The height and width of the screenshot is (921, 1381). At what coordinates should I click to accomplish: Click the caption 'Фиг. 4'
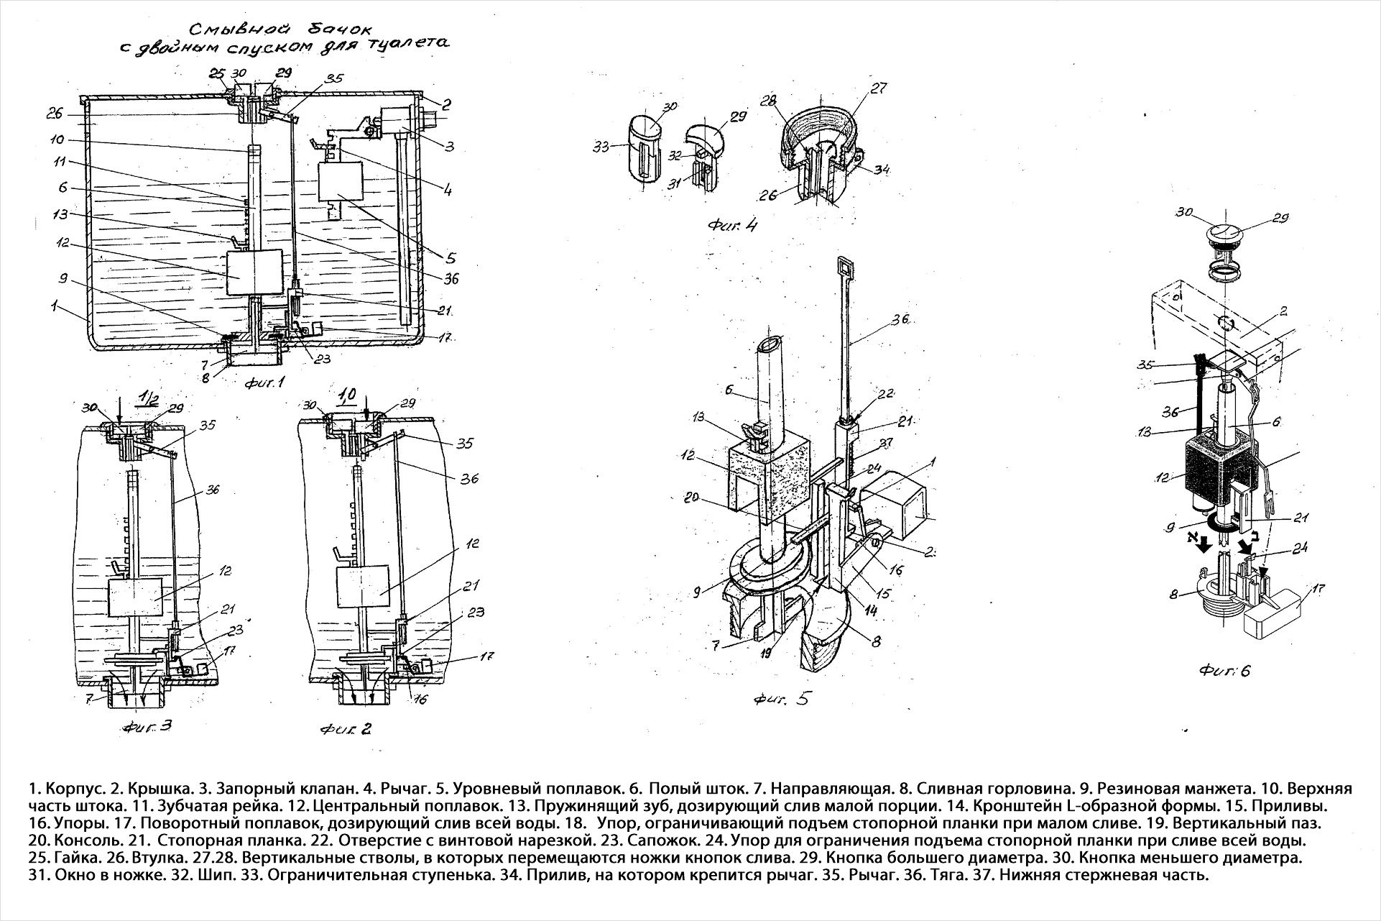[x=732, y=225]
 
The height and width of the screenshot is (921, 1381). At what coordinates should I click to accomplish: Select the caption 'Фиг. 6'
[x=1224, y=671]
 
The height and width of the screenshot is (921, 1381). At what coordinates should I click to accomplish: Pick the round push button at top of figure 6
[x=1226, y=234]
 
